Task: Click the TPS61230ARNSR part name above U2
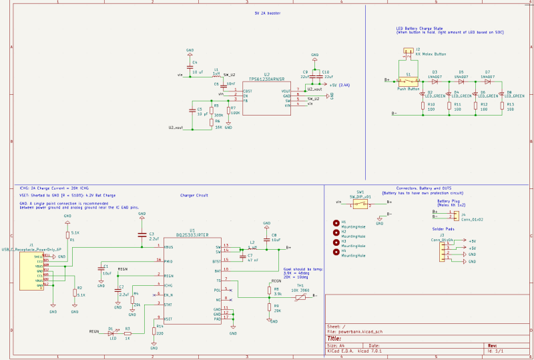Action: tap(266, 79)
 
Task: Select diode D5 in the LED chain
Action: tap(461, 80)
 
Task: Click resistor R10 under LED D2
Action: tap(422, 106)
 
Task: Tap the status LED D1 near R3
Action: tap(110, 331)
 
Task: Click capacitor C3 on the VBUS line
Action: tap(142, 234)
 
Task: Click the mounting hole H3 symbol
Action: tap(336, 241)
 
